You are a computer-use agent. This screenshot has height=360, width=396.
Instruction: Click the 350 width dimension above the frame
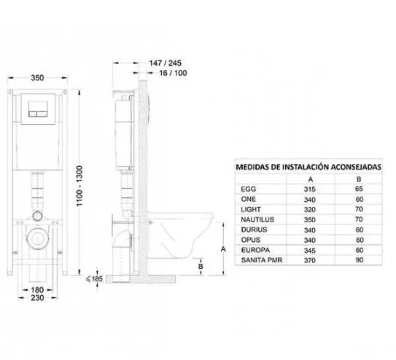click(37, 78)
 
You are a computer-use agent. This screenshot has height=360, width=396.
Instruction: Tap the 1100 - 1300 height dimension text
click(79, 186)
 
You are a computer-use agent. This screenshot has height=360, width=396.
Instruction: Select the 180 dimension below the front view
click(37, 290)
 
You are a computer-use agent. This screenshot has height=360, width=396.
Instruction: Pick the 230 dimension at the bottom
click(37, 298)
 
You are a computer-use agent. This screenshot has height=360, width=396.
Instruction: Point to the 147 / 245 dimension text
click(165, 63)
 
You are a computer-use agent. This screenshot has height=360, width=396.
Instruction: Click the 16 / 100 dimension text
click(173, 73)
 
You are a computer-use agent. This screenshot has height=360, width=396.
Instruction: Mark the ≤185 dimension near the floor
click(94, 279)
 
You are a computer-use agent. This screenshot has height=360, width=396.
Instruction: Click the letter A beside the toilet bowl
click(223, 249)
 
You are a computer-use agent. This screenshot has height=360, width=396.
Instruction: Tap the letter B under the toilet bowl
click(201, 267)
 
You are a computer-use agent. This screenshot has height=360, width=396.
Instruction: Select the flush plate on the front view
click(38, 109)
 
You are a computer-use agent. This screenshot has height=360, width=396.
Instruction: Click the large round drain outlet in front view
click(38, 238)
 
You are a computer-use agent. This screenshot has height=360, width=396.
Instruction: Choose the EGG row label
click(249, 189)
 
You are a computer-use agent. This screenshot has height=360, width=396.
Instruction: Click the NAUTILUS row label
click(257, 219)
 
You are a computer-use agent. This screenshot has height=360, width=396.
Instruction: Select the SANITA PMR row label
click(262, 260)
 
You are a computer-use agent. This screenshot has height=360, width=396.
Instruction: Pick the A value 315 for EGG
click(310, 189)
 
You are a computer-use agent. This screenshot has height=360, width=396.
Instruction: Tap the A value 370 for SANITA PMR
click(310, 260)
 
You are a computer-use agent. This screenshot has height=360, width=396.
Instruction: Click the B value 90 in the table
click(360, 260)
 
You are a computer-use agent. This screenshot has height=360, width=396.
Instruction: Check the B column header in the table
click(359, 179)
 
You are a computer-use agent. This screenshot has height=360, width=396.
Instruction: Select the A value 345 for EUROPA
click(310, 251)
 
